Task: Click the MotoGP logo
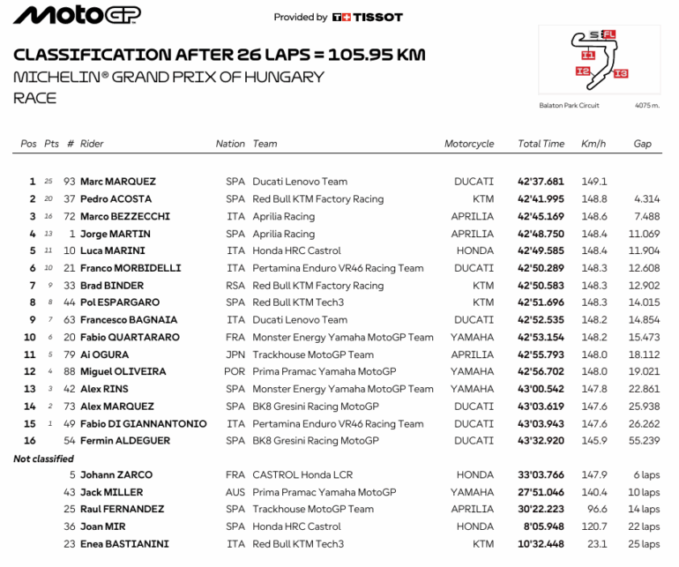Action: pyautogui.click(x=77, y=15)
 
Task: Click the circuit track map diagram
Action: pyautogui.click(x=598, y=59)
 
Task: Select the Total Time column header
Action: pyautogui.click(x=541, y=144)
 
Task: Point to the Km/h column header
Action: pyautogui.click(x=593, y=144)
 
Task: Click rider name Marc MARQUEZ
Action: pyautogui.click(x=118, y=182)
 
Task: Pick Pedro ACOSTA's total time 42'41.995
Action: pyautogui.click(x=541, y=199)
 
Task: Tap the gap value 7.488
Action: pyautogui.click(x=646, y=216)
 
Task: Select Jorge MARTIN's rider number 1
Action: pyautogui.click(x=71, y=234)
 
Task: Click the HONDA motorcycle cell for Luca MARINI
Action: pyautogui.click(x=475, y=250)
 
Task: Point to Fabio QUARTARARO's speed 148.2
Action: pyautogui.click(x=593, y=337)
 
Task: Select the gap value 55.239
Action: pyautogui.click(x=644, y=440)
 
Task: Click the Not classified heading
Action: pyautogui.click(x=44, y=459)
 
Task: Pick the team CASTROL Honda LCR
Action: pyautogui.click(x=302, y=475)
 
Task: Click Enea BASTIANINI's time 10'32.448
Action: pyautogui.click(x=541, y=544)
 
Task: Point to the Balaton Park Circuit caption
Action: pyautogui.click(x=569, y=106)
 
